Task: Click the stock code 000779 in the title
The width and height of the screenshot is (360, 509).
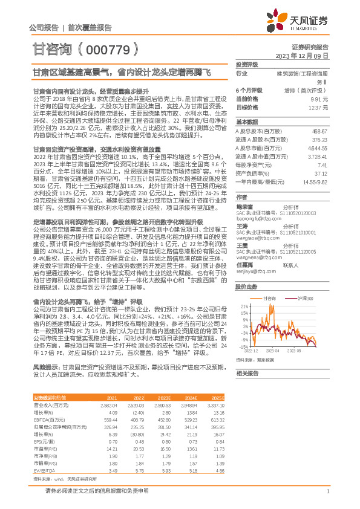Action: (x=111, y=48)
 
